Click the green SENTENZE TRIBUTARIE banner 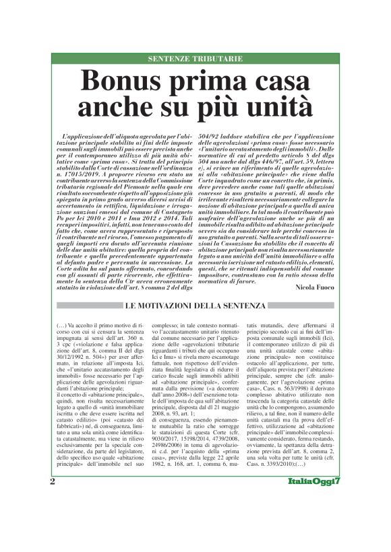click(195, 59)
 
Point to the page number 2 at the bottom click(53, 519)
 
